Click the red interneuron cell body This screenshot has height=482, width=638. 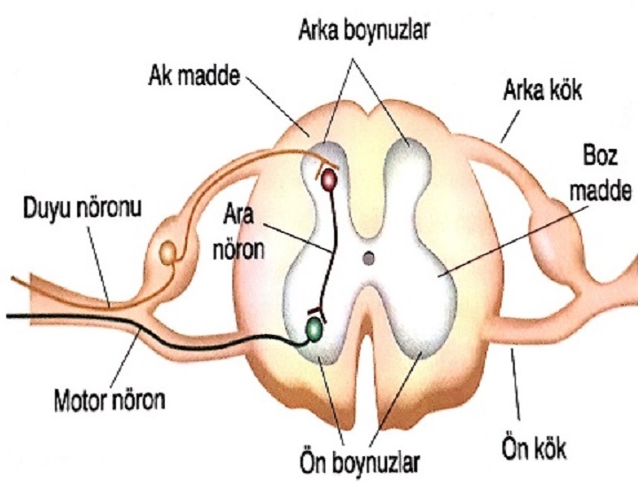(x=329, y=180)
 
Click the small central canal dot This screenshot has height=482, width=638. (x=370, y=258)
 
